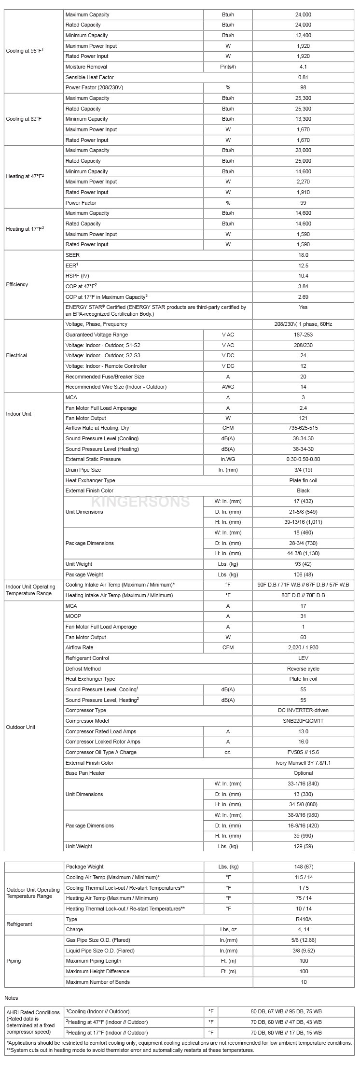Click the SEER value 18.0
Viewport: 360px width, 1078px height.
tap(303, 255)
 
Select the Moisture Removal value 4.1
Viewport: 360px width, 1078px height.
tap(303, 67)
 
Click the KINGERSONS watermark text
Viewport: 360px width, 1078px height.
tap(140, 502)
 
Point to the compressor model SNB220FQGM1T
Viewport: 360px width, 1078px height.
tap(303, 721)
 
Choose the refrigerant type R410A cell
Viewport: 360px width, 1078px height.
tap(303, 919)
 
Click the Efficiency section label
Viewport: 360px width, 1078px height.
tap(17, 284)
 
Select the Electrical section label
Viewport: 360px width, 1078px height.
tap(16, 355)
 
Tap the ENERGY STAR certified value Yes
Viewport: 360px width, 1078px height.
tap(303, 307)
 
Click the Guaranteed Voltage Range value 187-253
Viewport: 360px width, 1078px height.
tap(303, 335)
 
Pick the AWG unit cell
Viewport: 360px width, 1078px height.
tap(228, 387)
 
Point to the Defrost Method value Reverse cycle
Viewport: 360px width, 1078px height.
tap(303, 669)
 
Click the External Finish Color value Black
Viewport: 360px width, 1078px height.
tap(303, 490)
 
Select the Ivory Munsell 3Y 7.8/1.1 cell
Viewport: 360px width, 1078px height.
tap(303, 763)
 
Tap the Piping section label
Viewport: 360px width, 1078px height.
tap(14, 961)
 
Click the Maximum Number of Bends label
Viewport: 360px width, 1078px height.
tap(98, 982)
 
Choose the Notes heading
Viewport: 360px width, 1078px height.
tap(11, 997)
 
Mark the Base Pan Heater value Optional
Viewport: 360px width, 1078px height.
tap(303, 773)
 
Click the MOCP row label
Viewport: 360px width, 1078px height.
tap(73, 616)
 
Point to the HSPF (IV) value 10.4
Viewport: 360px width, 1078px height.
tap(303, 276)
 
